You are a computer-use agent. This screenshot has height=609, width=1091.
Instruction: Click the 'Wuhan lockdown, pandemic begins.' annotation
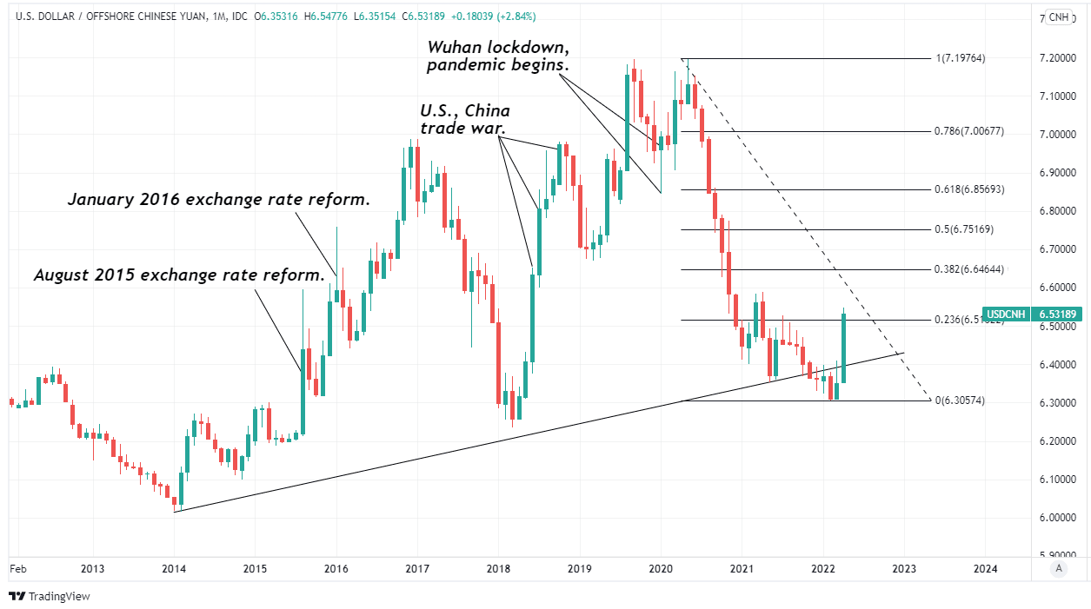pos(497,56)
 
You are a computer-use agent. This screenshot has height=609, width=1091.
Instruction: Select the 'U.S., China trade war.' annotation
pos(465,120)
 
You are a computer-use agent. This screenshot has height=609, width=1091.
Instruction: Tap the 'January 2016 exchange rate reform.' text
pos(219,200)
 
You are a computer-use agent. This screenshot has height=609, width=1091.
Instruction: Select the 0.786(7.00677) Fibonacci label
pos(969,131)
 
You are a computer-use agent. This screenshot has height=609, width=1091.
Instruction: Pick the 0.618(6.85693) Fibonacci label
pos(969,189)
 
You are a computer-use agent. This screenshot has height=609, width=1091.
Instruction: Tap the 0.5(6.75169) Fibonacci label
pos(963,229)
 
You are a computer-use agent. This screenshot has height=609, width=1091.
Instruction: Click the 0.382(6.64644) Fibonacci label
pos(969,269)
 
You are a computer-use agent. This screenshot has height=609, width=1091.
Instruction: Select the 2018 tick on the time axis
pos(498,569)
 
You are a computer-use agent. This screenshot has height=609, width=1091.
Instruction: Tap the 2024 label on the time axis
pos(985,569)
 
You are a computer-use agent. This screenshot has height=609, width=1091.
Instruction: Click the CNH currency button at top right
pos(1058,17)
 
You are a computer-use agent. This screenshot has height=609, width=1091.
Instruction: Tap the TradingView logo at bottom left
pos(50,596)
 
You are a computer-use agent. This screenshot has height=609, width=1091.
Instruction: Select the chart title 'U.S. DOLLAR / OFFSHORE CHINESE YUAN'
pos(104,17)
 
